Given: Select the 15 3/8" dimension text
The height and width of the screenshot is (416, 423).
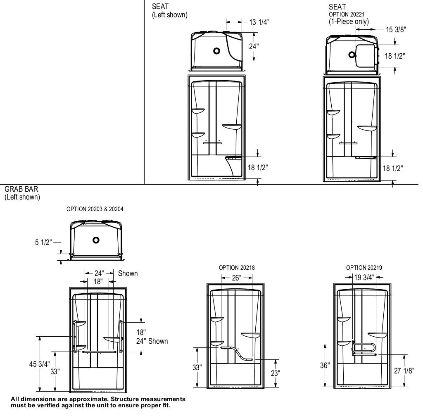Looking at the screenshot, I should coord(396,29).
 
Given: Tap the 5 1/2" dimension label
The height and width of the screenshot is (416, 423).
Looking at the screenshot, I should coord(43,242).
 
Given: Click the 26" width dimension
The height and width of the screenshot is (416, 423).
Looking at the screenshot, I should coord(236,278).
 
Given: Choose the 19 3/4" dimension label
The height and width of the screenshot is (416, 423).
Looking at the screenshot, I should coord(364,278).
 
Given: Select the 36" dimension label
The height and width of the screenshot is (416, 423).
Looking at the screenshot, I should coord(325,366).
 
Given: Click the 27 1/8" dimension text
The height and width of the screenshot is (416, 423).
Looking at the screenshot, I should coord(404,371).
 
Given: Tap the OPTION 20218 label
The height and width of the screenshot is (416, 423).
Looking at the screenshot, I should coord(237,268).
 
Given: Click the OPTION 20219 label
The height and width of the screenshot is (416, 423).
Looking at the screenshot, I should coord(364,268).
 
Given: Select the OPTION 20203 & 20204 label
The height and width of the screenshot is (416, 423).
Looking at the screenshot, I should coord(95,209).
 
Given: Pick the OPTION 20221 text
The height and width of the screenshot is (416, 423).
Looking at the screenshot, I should coord(346,14).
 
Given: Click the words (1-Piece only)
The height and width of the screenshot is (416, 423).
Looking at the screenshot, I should coord(349,21).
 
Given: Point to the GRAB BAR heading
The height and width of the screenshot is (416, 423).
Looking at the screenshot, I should coord(21,189).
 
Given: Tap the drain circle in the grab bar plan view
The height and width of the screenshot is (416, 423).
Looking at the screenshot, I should coord(96,240).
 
